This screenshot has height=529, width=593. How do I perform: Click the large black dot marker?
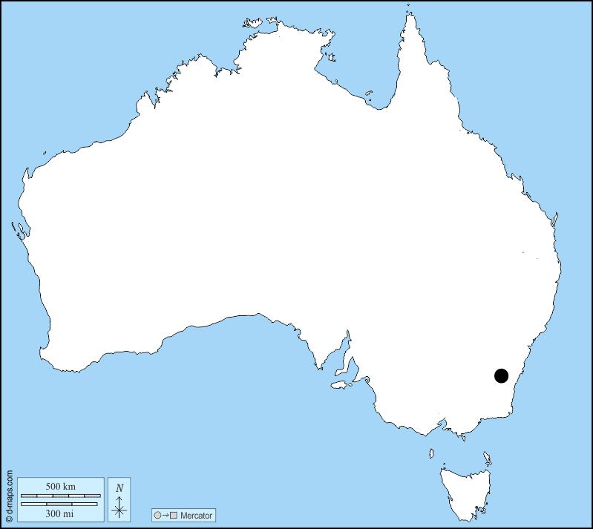point(502,376)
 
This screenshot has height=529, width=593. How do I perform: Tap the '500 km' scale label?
point(60,486)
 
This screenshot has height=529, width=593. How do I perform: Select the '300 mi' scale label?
point(60,513)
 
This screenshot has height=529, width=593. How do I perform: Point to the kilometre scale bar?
point(60,495)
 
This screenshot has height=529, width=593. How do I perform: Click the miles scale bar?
point(60,504)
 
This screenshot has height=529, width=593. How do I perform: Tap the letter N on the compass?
point(119,488)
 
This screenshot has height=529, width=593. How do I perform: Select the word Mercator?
point(196,515)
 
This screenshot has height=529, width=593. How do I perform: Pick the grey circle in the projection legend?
point(157,515)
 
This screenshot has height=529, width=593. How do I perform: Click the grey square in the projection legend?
point(173,515)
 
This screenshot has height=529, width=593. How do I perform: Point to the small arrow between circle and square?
point(165,515)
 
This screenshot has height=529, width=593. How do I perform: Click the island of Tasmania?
point(464,490)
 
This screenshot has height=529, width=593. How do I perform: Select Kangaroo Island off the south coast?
point(341,384)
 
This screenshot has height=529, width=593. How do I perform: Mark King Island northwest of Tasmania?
point(430,453)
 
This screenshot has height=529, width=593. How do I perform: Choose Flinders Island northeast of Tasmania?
point(488,457)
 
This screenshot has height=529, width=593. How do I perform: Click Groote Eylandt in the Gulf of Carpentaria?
point(369,94)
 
